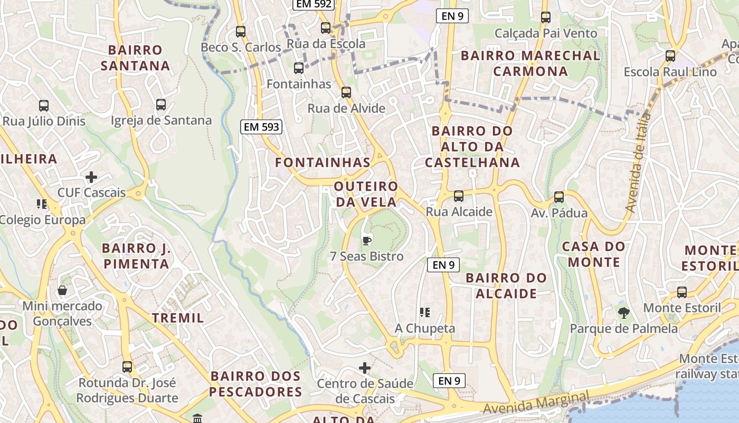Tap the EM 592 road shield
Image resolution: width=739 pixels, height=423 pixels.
[314, 4]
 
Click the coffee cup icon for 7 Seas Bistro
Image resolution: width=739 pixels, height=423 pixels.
[366, 241]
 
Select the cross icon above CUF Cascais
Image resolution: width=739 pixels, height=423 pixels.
[91, 177]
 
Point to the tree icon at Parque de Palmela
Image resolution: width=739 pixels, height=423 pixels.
[624, 312]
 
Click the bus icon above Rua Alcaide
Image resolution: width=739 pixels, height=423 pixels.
[459, 196]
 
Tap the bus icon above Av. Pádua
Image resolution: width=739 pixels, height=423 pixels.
[559, 197]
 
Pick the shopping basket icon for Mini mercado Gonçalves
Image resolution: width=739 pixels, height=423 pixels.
[62, 290]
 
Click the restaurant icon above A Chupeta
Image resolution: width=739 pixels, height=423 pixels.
[425, 312]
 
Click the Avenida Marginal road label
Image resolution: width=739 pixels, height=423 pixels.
[536, 403]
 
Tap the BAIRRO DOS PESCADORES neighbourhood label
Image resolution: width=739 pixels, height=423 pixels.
[256, 384]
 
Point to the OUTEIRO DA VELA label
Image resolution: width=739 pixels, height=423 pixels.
[365, 194]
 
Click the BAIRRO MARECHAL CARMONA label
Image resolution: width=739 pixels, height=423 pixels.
[530, 63]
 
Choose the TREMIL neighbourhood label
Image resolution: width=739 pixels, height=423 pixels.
[178, 318]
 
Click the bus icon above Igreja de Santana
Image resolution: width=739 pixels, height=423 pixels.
[161, 105]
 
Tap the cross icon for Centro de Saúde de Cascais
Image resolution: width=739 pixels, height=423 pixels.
[365, 367]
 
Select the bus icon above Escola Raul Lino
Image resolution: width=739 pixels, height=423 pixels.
[670, 56]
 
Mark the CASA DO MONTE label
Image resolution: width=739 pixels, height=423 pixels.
[593, 254]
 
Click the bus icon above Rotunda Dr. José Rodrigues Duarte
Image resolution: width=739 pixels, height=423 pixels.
[127, 366]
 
